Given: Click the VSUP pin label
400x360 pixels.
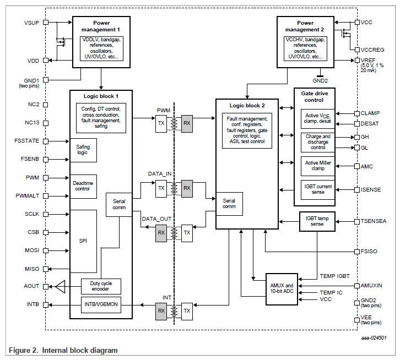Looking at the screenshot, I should [31, 23].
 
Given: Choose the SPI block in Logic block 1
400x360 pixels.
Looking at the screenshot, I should [83, 241].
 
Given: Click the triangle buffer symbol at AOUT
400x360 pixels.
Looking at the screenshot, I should [61, 287].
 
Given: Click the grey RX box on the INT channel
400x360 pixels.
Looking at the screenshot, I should [161, 311].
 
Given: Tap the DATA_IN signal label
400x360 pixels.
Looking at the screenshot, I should [160, 173].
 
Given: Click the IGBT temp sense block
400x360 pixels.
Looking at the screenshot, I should [318, 221].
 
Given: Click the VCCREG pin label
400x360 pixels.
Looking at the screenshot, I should [374, 50].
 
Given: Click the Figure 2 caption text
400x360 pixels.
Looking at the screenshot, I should [63, 350].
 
